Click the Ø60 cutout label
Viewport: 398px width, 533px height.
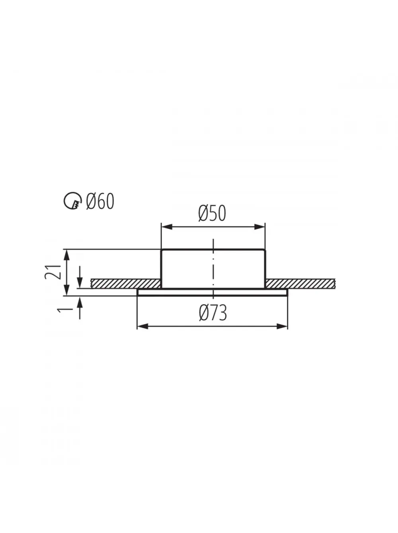coord(100,201)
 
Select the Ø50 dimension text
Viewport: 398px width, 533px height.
coord(212,214)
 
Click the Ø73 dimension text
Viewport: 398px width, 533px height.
coord(213,313)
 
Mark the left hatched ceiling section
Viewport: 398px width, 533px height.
coord(125,283)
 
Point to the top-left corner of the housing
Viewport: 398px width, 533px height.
coord(162,250)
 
